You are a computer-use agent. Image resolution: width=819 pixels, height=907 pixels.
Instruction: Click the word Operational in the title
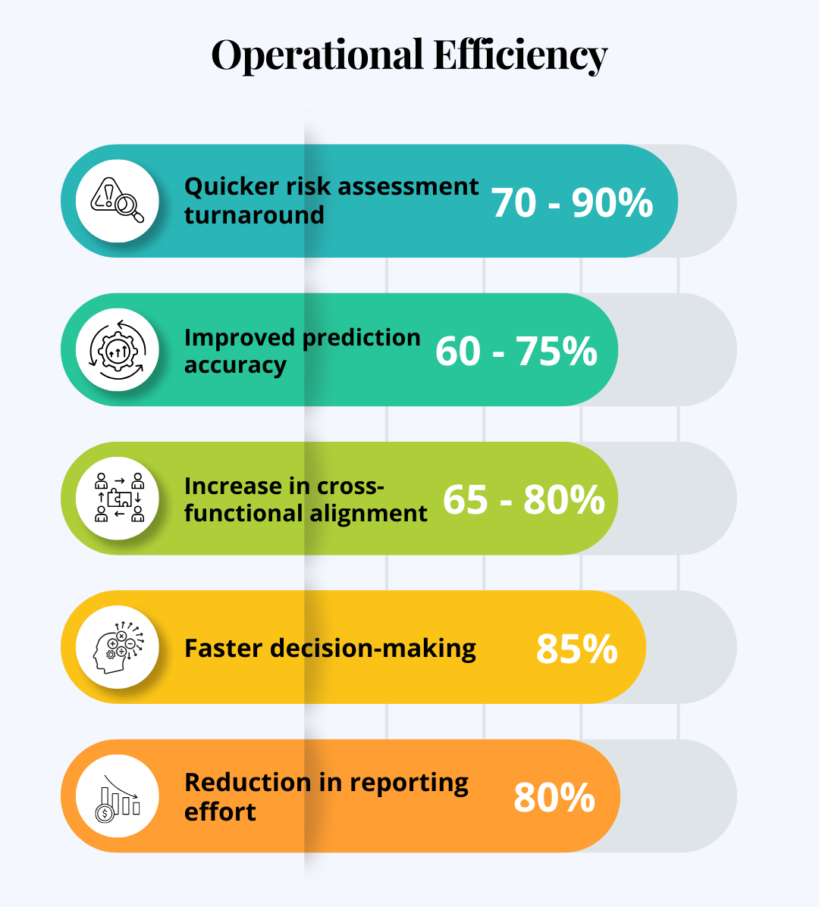coord(317,56)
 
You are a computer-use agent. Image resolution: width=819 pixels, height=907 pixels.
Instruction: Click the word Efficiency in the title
coord(520,56)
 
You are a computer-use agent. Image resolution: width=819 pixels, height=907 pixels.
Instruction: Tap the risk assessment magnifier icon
coord(118,201)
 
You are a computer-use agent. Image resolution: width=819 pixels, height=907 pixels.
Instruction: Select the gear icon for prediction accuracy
coord(118,349)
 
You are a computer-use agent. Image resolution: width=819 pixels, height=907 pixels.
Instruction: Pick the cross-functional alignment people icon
coord(118,498)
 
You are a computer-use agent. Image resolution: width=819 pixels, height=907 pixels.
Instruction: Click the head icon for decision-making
coord(118,647)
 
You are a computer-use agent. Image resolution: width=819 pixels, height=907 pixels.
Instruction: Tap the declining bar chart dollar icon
coord(118,796)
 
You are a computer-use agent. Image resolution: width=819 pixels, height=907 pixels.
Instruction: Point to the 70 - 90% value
coord(572,202)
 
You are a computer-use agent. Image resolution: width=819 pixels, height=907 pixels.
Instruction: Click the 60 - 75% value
coord(516,352)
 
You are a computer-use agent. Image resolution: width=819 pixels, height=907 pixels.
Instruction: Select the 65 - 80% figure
coord(523,500)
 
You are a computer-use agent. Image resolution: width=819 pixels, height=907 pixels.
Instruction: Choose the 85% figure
coord(576,649)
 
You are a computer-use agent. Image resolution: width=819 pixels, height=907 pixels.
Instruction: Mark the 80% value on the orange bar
coord(554,798)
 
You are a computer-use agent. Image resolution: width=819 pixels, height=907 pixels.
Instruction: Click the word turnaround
coord(254,215)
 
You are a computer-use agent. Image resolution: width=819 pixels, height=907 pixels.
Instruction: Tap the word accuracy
coord(235,365)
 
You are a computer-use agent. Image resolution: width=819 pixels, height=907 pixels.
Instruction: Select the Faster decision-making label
coord(330,649)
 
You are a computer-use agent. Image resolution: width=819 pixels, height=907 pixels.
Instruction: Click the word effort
coord(220,812)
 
